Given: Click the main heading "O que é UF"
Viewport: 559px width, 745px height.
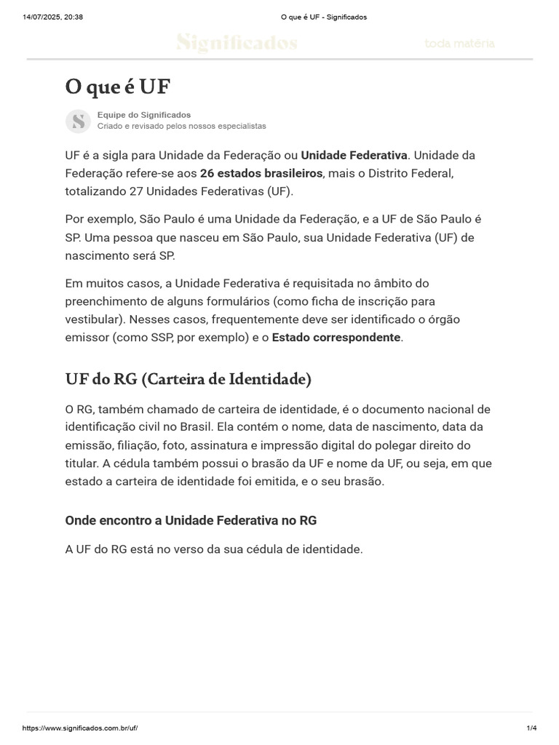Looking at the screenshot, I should click(117, 87).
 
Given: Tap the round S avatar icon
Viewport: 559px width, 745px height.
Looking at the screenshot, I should click(78, 121).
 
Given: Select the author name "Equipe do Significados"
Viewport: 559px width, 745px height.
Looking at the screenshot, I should click(144, 115).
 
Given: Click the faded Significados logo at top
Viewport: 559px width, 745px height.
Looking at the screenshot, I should click(237, 44).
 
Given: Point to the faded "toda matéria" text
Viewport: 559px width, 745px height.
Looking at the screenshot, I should click(460, 44).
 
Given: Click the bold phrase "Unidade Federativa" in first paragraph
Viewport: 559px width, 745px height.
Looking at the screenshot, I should click(354, 155).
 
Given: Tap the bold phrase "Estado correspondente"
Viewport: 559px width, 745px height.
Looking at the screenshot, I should click(336, 338).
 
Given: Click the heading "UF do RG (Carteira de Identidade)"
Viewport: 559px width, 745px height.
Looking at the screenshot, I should click(189, 379).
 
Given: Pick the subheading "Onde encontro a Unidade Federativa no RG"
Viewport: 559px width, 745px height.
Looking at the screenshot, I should click(191, 521).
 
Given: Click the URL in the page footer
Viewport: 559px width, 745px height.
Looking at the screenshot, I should click(80, 728).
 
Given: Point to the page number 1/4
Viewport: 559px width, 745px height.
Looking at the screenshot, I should click(531, 728).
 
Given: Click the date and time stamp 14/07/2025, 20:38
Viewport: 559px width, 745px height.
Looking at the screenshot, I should click(53, 17).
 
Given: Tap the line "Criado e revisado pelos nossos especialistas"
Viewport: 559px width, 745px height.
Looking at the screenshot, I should click(181, 126).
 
